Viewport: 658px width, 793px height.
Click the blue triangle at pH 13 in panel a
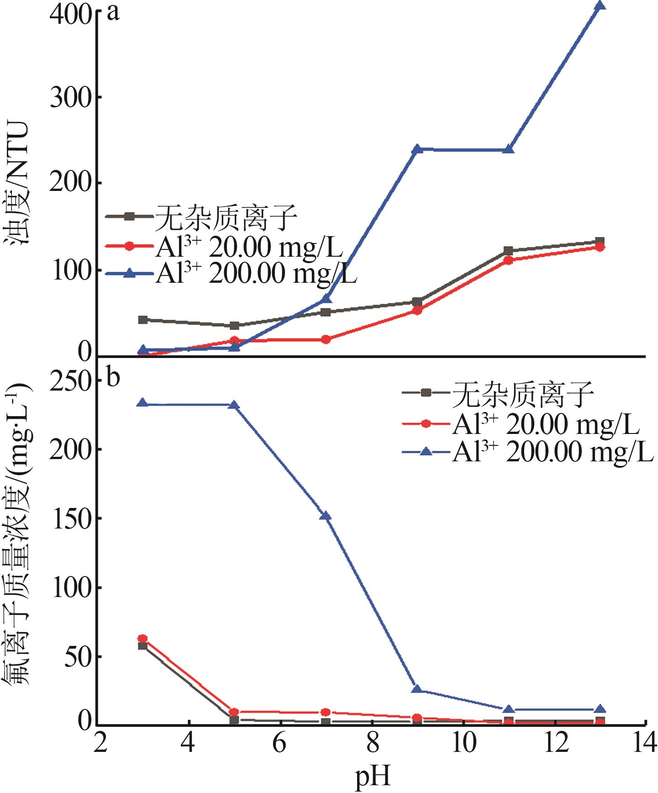tap(600, 6)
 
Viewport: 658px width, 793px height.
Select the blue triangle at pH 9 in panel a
tap(417, 149)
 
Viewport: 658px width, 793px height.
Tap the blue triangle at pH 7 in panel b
tap(326, 516)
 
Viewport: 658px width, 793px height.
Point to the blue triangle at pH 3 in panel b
tap(142, 403)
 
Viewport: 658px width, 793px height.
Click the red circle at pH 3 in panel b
tap(142, 639)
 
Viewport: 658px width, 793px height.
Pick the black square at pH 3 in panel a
tap(142, 320)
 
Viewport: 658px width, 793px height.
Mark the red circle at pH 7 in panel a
tap(326, 339)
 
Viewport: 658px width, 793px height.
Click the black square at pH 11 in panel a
tap(509, 251)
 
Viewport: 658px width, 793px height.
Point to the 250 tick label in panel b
tap(71, 381)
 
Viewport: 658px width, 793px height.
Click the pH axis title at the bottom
tap(373, 777)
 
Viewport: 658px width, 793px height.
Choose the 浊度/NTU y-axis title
tap(18, 183)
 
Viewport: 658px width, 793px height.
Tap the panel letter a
tap(113, 12)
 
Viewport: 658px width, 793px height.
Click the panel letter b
tap(113, 378)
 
